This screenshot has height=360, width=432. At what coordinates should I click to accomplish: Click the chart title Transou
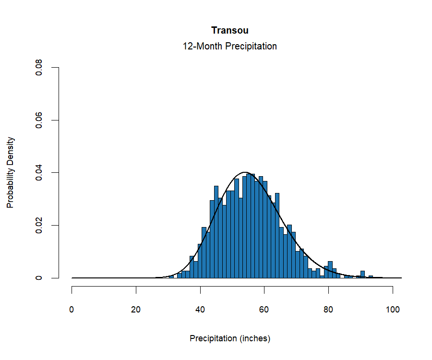(x=229, y=31)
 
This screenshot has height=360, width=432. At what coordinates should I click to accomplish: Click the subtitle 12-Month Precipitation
(x=229, y=47)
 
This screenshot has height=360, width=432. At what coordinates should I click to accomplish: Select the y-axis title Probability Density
(x=11, y=173)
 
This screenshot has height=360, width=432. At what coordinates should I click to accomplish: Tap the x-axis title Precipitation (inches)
(x=230, y=338)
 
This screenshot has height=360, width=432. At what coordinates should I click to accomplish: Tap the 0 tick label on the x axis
(x=72, y=310)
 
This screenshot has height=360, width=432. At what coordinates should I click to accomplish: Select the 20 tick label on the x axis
(x=136, y=310)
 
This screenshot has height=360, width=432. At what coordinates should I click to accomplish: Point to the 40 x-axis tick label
(x=200, y=310)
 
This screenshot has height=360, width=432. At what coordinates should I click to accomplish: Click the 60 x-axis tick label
(x=264, y=310)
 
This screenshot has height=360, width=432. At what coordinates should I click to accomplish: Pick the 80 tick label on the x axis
(x=328, y=310)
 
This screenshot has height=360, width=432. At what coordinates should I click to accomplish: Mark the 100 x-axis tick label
(x=393, y=310)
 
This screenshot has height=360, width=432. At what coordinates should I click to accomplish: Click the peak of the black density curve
(x=245, y=172)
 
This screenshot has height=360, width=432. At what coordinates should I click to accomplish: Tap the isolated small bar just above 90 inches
(x=362, y=275)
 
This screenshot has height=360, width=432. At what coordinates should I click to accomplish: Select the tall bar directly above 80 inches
(x=330, y=270)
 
